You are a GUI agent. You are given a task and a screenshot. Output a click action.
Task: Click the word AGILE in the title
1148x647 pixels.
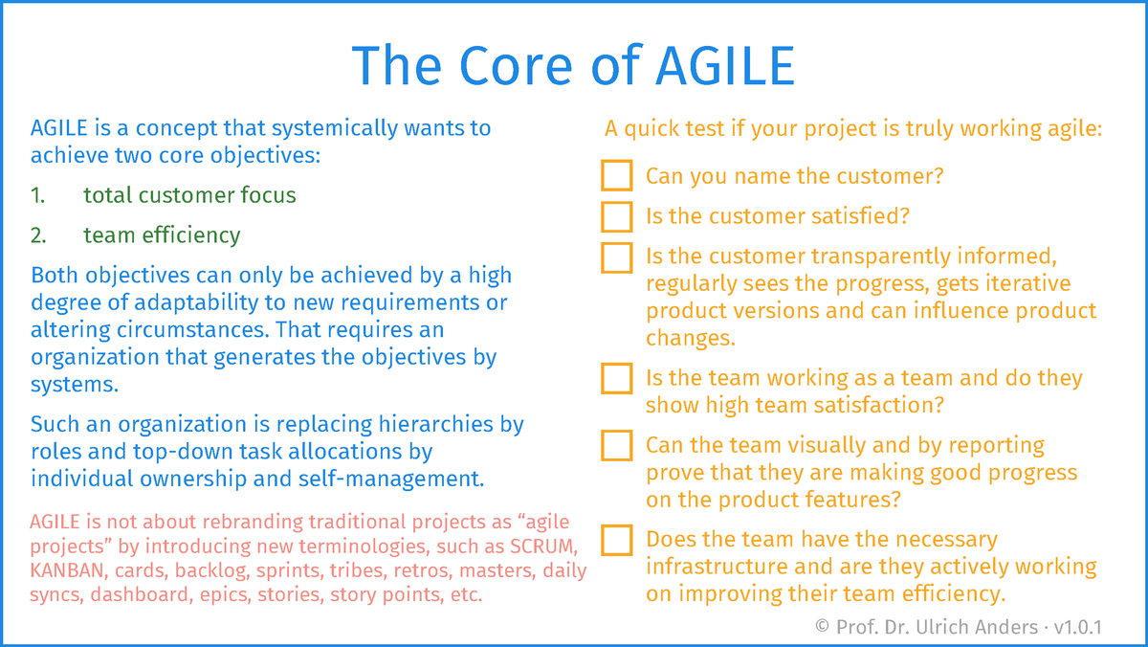725,66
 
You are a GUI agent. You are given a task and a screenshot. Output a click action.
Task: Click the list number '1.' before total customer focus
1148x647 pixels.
38,195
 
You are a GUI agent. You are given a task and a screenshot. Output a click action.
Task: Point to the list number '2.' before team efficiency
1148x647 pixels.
38,235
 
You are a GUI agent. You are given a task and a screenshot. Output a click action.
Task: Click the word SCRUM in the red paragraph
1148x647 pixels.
541,546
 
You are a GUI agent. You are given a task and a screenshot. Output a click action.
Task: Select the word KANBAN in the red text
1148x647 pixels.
67,570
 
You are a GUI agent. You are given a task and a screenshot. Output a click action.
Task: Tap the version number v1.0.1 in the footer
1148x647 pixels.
1077,627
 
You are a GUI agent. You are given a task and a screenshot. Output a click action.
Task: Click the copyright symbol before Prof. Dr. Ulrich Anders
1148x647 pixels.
822,627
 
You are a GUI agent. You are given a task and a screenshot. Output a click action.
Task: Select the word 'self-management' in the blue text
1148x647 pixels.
391,479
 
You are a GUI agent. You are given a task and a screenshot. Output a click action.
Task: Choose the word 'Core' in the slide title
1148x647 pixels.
516,66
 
